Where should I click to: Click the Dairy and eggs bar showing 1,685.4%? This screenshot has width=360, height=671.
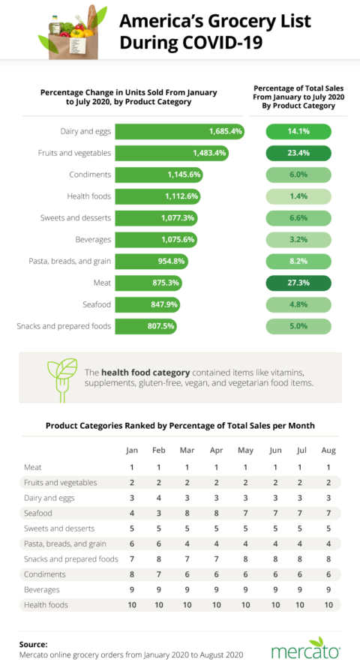(180, 131)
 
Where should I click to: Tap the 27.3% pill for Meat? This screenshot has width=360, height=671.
(299, 283)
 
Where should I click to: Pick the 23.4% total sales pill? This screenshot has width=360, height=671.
(299, 153)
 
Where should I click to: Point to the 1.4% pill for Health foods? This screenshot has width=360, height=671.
(299, 196)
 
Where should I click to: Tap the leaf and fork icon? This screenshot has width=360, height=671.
(61, 377)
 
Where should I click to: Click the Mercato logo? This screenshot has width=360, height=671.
(305, 649)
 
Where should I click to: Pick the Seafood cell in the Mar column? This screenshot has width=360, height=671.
(186, 513)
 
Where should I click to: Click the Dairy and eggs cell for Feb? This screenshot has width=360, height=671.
(159, 498)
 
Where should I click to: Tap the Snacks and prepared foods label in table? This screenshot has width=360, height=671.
(71, 559)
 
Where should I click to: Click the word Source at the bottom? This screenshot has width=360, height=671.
(34, 643)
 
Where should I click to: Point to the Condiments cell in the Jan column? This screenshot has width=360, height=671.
(132, 574)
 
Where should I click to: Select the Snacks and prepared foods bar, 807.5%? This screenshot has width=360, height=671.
(146, 326)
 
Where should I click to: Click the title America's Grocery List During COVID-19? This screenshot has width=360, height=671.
(205, 31)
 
